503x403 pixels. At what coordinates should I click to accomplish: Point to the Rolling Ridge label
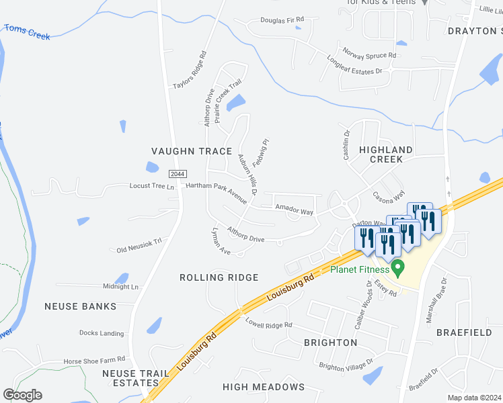(x=219, y=277)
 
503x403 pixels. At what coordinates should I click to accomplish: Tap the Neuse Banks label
(x=80, y=306)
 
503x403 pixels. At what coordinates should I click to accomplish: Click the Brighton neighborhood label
(x=330, y=343)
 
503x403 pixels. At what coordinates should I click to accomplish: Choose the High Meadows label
(x=264, y=387)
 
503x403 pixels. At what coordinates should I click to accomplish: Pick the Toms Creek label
(x=28, y=31)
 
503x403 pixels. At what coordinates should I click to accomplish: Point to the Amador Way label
(x=295, y=212)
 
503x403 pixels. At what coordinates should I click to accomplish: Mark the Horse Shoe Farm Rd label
(x=95, y=361)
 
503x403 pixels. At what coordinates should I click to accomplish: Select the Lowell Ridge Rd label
(x=268, y=324)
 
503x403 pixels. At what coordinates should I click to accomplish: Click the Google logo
(x=22, y=395)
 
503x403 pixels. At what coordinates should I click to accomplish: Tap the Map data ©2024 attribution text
(x=475, y=398)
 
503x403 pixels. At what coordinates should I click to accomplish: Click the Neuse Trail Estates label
(x=130, y=378)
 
